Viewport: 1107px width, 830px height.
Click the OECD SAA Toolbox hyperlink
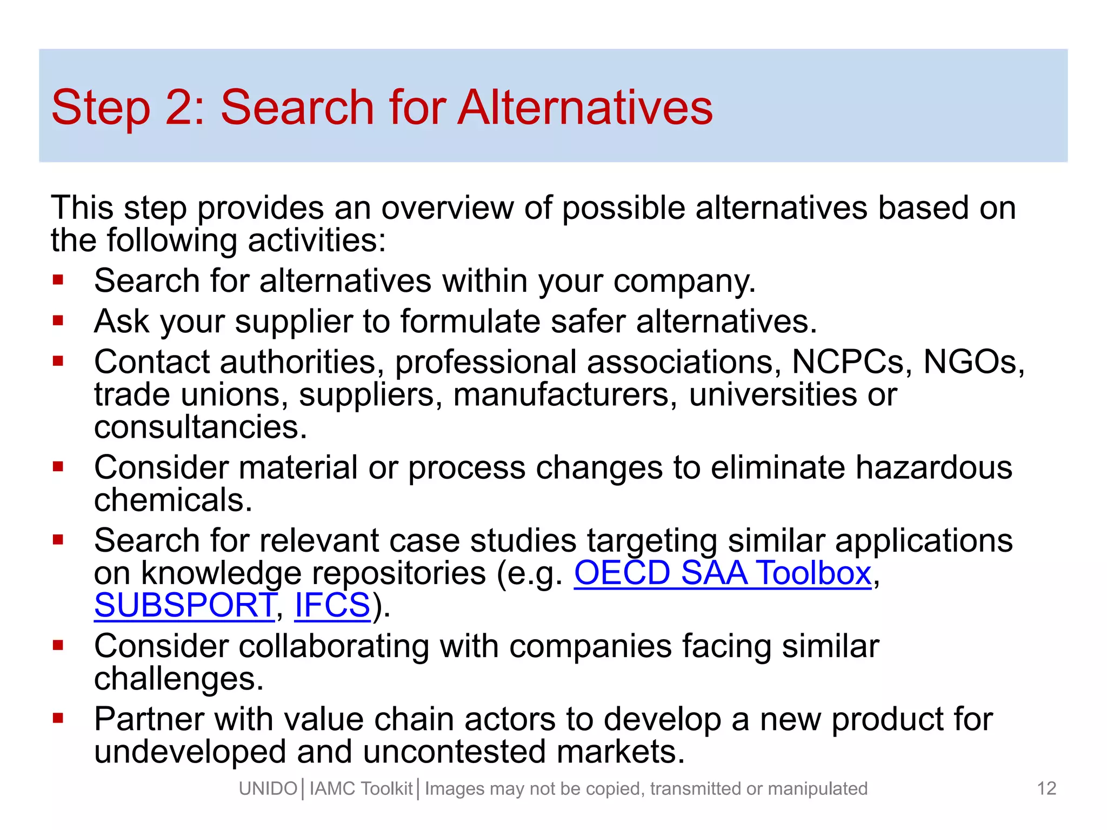(x=722, y=573)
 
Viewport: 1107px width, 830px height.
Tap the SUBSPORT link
(x=185, y=605)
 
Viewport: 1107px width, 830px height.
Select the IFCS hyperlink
(x=332, y=605)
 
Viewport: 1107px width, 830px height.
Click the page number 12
(x=1046, y=788)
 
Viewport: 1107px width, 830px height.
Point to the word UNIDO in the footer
(x=268, y=789)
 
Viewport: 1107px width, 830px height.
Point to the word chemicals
(x=173, y=500)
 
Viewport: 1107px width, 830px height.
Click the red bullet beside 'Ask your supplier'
(x=58, y=321)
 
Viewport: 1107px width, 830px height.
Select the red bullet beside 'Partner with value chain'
(x=58, y=718)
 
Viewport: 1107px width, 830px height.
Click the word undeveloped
(x=190, y=752)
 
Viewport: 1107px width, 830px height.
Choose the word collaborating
(x=334, y=646)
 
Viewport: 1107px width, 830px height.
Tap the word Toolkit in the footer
(x=386, y=789)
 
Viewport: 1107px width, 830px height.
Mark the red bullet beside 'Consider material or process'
(x=58, y=466)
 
